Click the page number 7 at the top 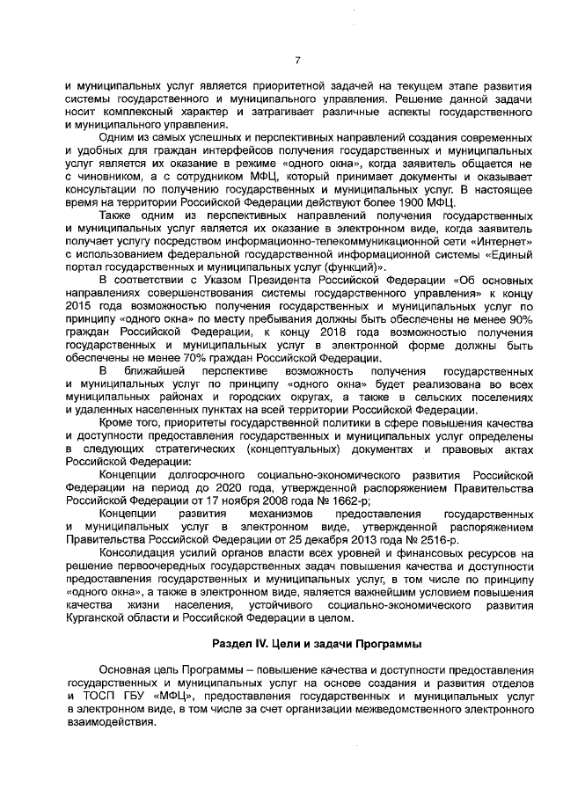[297, 61]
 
